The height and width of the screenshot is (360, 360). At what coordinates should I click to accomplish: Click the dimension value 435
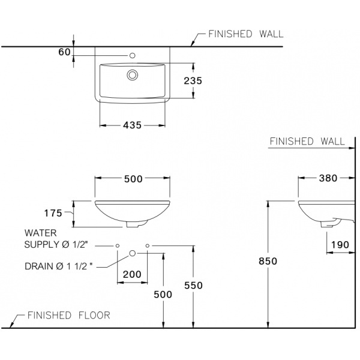click(x=132, y=125)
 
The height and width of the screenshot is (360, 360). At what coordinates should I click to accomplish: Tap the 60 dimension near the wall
click(x=64, y=52)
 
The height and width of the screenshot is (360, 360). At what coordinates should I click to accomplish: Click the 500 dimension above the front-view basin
click(x=132, y=178)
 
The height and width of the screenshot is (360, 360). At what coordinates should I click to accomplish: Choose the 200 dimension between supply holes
click(x=132, y=274)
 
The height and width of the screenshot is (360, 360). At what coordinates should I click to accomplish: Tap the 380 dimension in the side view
click(x=328, y=178)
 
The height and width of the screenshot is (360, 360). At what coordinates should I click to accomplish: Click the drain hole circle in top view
click(x=132, y=75)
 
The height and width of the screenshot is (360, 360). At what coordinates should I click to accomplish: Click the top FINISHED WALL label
click(x=245, y=35)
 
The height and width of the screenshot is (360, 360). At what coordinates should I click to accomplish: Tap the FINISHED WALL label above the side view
click(x=307, y=142)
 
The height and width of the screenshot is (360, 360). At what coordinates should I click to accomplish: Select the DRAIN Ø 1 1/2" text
click(x=59, y=266)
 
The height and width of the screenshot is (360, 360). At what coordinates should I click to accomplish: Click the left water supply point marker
click(x=118, y=246)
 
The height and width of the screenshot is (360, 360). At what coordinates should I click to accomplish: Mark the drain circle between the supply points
click(x=132, y=254)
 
